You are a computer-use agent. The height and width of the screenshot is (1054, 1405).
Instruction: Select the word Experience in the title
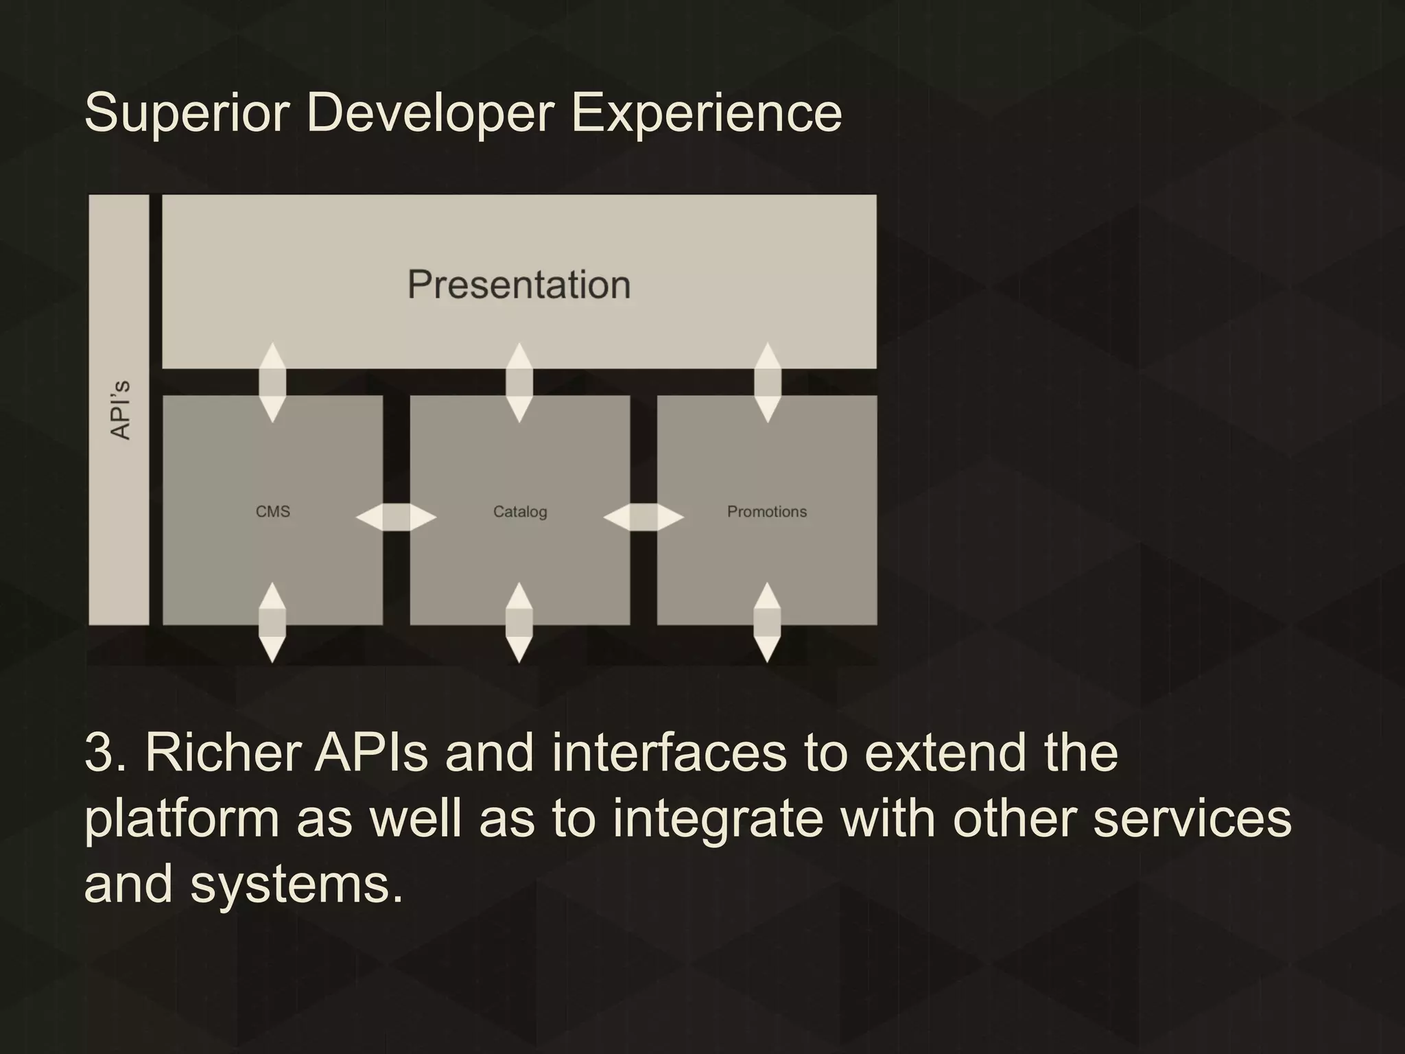706,113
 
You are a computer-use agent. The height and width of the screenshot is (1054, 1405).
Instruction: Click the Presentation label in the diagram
519,285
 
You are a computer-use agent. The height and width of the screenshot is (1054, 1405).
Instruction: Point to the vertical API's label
120,410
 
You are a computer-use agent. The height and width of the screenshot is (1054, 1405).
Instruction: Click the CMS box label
272,512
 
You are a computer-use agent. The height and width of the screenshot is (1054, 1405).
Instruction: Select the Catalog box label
520,512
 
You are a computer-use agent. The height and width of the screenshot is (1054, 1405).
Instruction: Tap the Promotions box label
766,512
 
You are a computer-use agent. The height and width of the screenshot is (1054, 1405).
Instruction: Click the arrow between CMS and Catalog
396,517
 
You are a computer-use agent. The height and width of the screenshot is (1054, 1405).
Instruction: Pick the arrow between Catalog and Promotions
644,517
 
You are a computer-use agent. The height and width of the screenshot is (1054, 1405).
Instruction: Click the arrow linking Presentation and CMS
272,382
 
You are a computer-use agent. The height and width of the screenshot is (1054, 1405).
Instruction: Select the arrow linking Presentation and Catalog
519,382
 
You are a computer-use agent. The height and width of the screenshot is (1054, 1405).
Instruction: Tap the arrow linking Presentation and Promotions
767,382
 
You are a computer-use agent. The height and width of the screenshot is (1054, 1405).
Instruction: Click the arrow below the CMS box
272,622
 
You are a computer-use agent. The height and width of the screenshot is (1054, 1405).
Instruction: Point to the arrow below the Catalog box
519,622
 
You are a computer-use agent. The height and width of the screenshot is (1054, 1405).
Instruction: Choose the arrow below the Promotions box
767,622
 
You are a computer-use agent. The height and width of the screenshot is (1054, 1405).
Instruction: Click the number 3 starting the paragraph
100,753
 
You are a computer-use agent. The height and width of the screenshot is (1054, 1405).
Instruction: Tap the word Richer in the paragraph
223,753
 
